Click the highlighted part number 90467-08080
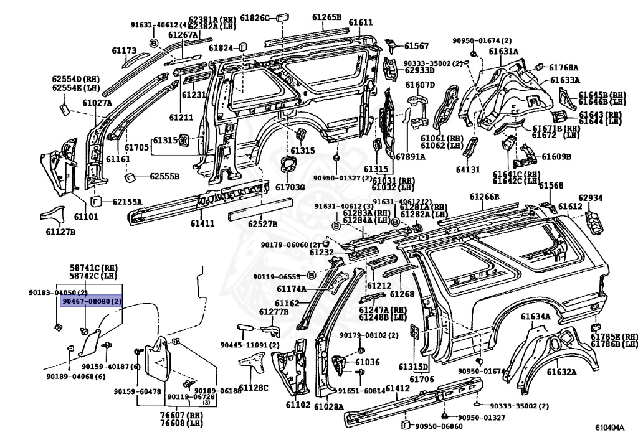click(x=91, y=301)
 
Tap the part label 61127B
click(x=60, y=232)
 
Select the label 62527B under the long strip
click(x=262, y=223)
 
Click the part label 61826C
click(x=256, y=17)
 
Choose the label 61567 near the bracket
click(x=416, y=45)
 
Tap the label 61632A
click(x=561, y=372)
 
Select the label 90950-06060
click(x=439, y=426)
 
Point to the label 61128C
click(x=254, y=388)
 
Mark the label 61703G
click(x=290, y=187)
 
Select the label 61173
click(x=124, y=50)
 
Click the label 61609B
click(x=556, y=157)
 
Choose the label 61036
click(x=367, y=362)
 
